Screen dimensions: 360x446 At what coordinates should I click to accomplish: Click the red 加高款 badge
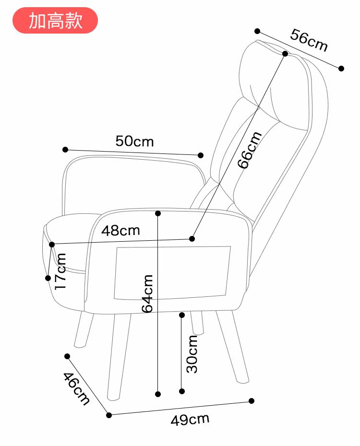coord(55,20)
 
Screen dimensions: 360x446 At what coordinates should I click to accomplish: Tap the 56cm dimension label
coord(309,40)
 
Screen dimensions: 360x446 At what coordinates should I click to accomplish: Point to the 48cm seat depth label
coord(120,230)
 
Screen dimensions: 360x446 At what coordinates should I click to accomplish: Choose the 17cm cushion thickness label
coord(60,271)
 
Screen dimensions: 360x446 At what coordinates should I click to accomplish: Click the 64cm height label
coord(148,293)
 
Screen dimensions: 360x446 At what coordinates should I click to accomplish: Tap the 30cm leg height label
coord(192,354)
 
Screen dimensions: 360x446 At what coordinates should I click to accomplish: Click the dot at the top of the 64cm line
coord(158,213)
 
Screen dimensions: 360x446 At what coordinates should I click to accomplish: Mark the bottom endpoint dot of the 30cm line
coord(182,392)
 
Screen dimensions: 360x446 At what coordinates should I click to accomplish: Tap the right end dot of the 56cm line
coord(341,68)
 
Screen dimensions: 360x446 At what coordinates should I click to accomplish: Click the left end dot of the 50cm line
coord(65,150)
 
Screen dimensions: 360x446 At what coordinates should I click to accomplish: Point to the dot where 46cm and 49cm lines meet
coord(109,415)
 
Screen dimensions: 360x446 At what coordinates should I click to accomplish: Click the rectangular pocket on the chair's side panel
coord(172,272)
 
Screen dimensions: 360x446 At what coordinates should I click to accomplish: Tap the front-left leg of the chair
coord(118,355)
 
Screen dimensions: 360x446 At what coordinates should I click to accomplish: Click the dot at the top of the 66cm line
coord(285,54)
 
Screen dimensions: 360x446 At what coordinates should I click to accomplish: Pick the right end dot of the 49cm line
coord(252,400)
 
